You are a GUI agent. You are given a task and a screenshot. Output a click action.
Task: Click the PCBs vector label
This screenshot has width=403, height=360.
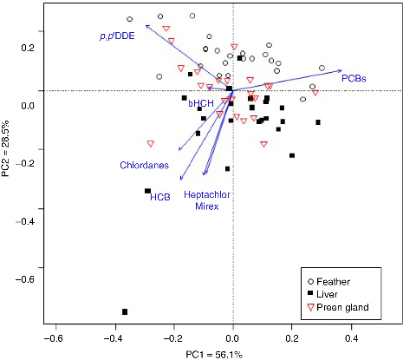point(354,79)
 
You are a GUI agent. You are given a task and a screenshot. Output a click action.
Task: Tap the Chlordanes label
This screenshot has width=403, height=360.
point(144,164)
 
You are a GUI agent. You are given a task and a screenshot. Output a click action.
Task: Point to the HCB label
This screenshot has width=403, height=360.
point(159,197)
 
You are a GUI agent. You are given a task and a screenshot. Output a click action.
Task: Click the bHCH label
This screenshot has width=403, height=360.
point(200,103)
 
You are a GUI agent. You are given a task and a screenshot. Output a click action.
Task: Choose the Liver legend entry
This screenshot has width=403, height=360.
point(333,296)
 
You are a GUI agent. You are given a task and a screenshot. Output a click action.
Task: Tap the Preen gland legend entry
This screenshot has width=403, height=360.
point(347,309)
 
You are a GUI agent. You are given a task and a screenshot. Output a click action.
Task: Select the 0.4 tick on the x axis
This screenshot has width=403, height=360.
point(352,338)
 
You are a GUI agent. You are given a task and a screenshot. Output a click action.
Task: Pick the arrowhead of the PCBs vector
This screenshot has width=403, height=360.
point(341,70)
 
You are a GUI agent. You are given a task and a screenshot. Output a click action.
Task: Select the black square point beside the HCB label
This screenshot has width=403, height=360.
point(147,191)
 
